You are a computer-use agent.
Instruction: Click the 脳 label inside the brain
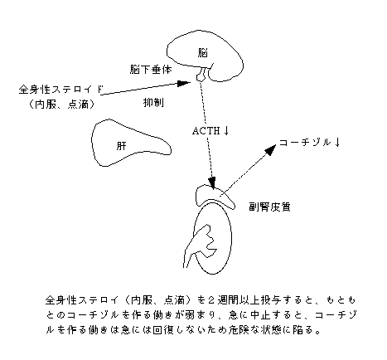(202, 52)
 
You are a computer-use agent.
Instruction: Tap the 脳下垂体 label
(151, 69)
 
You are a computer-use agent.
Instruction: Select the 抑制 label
(153, 102)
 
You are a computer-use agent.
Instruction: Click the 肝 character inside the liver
(121, 145)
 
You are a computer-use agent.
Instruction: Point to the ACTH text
(206, 131)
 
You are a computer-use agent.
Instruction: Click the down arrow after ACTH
(226, 130)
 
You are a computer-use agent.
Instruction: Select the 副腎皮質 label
(269, 207)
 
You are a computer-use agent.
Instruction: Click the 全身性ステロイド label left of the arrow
(60, 90)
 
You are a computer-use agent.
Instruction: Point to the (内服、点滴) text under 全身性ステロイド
(61, 105)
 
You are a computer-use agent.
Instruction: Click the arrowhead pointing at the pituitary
(184, 83)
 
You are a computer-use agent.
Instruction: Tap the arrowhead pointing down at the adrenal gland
(212, 183)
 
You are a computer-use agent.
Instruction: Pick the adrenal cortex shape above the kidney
(215, 197)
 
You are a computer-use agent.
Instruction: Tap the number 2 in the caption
(210, 299)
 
